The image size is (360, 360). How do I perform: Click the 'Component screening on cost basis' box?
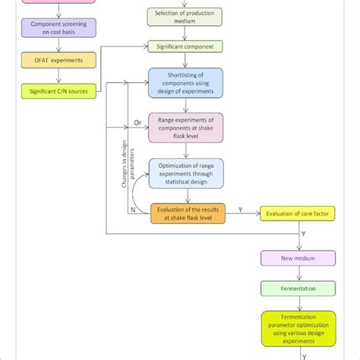tap(58, 29)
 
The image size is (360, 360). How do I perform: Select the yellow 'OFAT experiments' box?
tap(58, 60)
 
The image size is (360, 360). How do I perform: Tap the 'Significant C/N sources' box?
tap(58, 92)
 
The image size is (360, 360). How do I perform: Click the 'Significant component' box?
tap(185, 47)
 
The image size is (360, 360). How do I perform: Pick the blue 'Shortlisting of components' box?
tap(185, 83)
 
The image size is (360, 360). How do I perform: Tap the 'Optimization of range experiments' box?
tap(185, 172)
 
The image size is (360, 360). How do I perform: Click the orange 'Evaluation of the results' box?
tap(188, 214)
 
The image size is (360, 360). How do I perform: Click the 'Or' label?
tap(137, 122)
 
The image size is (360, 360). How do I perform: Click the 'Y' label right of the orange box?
tap(241, 208)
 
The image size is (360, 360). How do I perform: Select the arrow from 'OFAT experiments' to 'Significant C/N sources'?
tap(58, 76)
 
